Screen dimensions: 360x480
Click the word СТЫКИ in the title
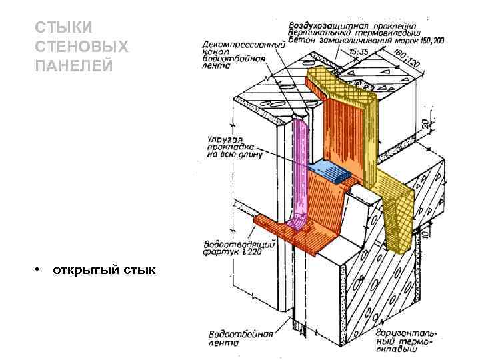[x=63, y=28]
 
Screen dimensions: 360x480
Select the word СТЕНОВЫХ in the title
[x=81, y=47]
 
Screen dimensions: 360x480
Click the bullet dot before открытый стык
[x=39, y=269]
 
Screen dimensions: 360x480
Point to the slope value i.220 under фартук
[x=253, y=252]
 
